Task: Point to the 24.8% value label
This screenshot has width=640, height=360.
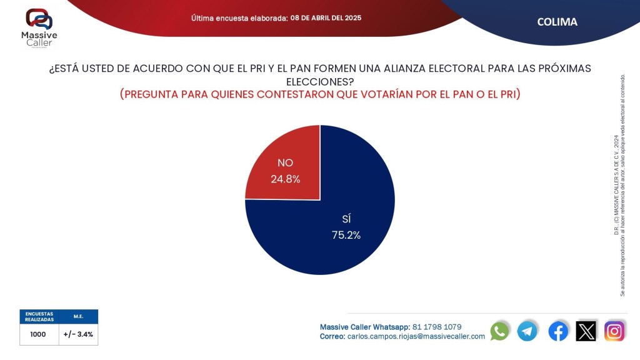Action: click(285, 179)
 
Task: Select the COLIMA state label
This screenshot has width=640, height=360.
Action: click(557, 22)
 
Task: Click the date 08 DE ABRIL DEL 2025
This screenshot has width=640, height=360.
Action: click(326, 17)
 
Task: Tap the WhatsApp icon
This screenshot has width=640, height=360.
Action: click(499, 331)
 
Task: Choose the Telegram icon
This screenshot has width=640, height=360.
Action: click(527, 331)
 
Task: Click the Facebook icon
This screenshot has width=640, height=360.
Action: click(558, 331)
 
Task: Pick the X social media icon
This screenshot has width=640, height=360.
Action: click(586, 331)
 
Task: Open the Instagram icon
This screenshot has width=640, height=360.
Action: click(614, 331)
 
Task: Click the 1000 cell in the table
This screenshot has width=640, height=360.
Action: click(38, 334)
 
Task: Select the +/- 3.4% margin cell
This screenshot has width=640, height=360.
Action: click(78, 334)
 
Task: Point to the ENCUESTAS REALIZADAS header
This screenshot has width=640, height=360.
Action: click(39, 316)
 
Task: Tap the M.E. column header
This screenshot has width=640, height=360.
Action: click(78, 316)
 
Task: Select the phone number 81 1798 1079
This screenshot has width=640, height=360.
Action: click(437, 327)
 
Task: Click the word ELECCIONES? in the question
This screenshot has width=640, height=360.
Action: click(319, 81)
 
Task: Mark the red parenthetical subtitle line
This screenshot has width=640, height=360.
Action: click(319, 94)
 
